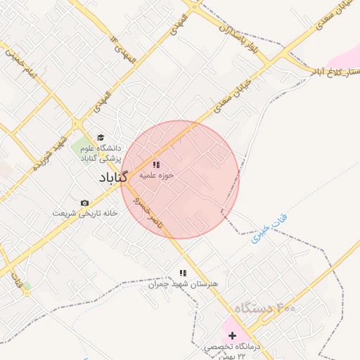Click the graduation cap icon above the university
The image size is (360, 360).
click(100, 138)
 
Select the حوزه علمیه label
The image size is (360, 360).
click(156, 174)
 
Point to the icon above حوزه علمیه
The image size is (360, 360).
click(156, 164)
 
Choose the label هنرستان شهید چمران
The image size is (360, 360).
click(174, 283)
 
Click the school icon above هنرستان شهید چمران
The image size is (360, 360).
click(183, 273)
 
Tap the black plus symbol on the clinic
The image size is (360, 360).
click(233, 336)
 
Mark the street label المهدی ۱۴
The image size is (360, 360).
click(117, 46)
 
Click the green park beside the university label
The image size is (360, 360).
click(79, 148)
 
